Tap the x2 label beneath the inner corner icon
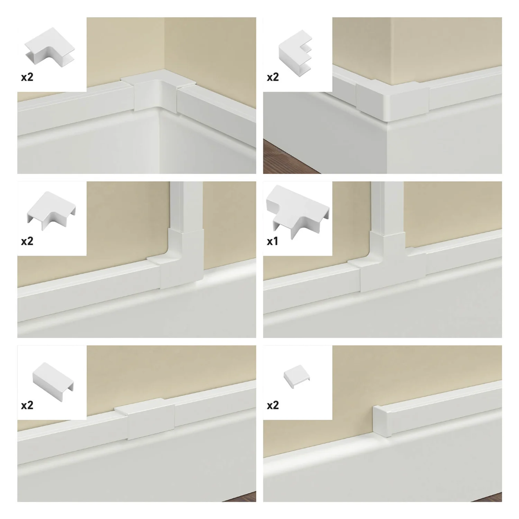(x=27, y=77)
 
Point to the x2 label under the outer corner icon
(x=273, y=77)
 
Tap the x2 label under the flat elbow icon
(x=27, y=241)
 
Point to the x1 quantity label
(x=273, y=241)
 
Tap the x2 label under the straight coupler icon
(x=27, y=405)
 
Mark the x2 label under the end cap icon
(x=273, y=405)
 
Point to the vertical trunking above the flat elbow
(x=186, y=204)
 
